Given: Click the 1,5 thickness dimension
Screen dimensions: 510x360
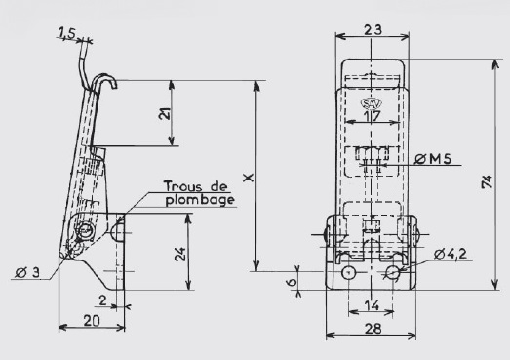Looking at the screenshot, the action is [x=66, y=33].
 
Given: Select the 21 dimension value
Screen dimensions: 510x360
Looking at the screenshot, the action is [x=165, y=113].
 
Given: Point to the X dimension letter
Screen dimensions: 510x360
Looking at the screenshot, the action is [x=248, y=178].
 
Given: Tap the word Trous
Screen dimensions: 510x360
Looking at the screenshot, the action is [x=183, y=186].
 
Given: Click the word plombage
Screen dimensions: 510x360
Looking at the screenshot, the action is [x=200, y=200].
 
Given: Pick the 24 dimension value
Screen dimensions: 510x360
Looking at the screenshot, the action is [x=179, y=255].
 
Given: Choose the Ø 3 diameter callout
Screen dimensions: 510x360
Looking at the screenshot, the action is [x=27, y=273].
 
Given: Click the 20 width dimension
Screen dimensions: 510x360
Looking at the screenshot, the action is [x=92, y=321].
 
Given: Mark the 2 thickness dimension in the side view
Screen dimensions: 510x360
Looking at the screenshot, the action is [x=102, y=300].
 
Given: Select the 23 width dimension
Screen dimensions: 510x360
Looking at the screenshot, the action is [x=373, y=30].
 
